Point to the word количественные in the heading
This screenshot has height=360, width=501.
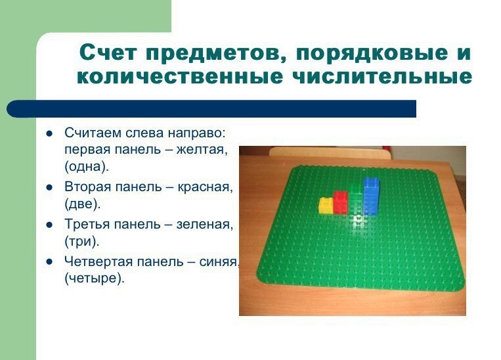(180, 77)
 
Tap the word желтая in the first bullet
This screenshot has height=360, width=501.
(202, 150)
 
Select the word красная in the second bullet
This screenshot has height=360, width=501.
(205, 187)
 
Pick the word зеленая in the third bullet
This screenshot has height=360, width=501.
(205, 225)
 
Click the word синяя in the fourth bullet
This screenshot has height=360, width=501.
(219, 262)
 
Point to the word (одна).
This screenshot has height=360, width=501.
(87, 167)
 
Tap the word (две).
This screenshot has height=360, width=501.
(83, 204)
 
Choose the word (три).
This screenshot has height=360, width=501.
(82, 241)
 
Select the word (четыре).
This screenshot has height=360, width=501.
(95, 279)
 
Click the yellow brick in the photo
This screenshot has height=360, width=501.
(326, 205)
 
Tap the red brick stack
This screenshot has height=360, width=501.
(341, 203)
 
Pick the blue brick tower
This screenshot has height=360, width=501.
(371, 196)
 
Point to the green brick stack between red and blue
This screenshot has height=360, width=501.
(356, 199)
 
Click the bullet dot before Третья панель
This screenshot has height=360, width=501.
(49, 225)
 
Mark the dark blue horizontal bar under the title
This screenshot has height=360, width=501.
(211, 108)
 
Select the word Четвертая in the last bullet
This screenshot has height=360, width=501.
(98, 262)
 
